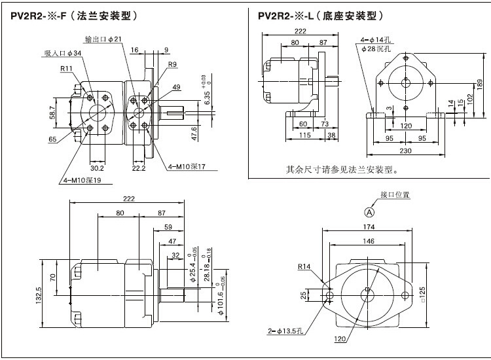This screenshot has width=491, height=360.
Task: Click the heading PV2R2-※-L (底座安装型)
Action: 311,15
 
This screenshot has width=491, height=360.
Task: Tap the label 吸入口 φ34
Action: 63,53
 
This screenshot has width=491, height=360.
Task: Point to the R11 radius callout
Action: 66,68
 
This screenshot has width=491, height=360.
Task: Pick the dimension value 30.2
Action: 96,168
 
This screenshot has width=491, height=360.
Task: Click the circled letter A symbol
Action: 370,211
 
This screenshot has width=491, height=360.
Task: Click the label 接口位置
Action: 395,195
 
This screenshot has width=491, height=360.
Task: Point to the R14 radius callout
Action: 304,267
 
